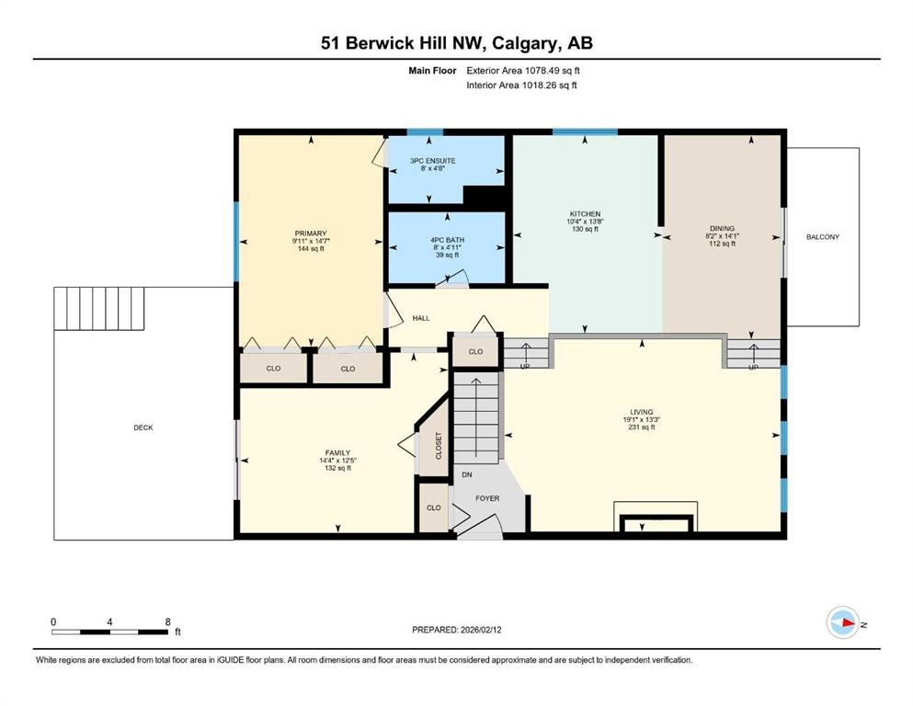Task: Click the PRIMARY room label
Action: tap(312, 233)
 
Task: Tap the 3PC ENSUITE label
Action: tap(432, 161)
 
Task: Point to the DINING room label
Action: tap(722, 229)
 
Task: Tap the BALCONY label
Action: tap(822, 237)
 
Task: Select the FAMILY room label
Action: tap(337, 452)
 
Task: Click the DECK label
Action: tap(143, 427)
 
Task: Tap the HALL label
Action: tap(421, 318)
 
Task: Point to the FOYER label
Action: tap(487, 498)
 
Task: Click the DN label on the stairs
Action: tap(466, 475)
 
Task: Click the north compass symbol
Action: tap(842, 623)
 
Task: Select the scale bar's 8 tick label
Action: tap(167, 621)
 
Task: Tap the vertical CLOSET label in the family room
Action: tap(439, 446)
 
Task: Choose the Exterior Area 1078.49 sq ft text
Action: tap(523, 70)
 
